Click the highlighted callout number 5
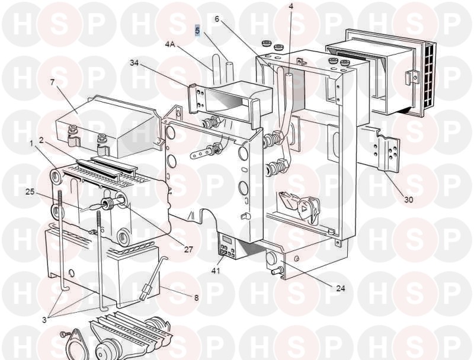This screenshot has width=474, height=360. (197, 31)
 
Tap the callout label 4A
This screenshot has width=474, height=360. (170, 44)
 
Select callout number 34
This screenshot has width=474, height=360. (134, 63)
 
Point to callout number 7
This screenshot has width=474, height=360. (53, 82)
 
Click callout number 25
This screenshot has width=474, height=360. (30, 192)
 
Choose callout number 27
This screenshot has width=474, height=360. (188, 249)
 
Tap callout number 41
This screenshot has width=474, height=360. (216, 271)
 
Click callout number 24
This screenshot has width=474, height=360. (340, 288)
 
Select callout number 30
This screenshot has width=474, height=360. (409, 200)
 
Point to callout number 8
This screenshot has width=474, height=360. (197, 298)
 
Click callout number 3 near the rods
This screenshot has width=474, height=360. (44, 320)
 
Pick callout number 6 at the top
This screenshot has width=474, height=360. (217, 19)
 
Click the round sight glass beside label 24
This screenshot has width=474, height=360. (271, 259)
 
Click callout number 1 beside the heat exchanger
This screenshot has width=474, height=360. (31, 143)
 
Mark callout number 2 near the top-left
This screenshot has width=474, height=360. (41, 140)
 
